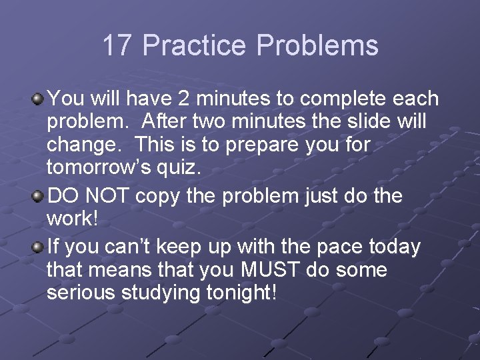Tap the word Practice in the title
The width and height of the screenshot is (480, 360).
195,46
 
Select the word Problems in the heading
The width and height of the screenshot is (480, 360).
317,46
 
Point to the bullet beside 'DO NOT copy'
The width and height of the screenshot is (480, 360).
39,197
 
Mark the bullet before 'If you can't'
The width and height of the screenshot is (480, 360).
39,247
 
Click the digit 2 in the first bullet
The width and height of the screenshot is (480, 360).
184,99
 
